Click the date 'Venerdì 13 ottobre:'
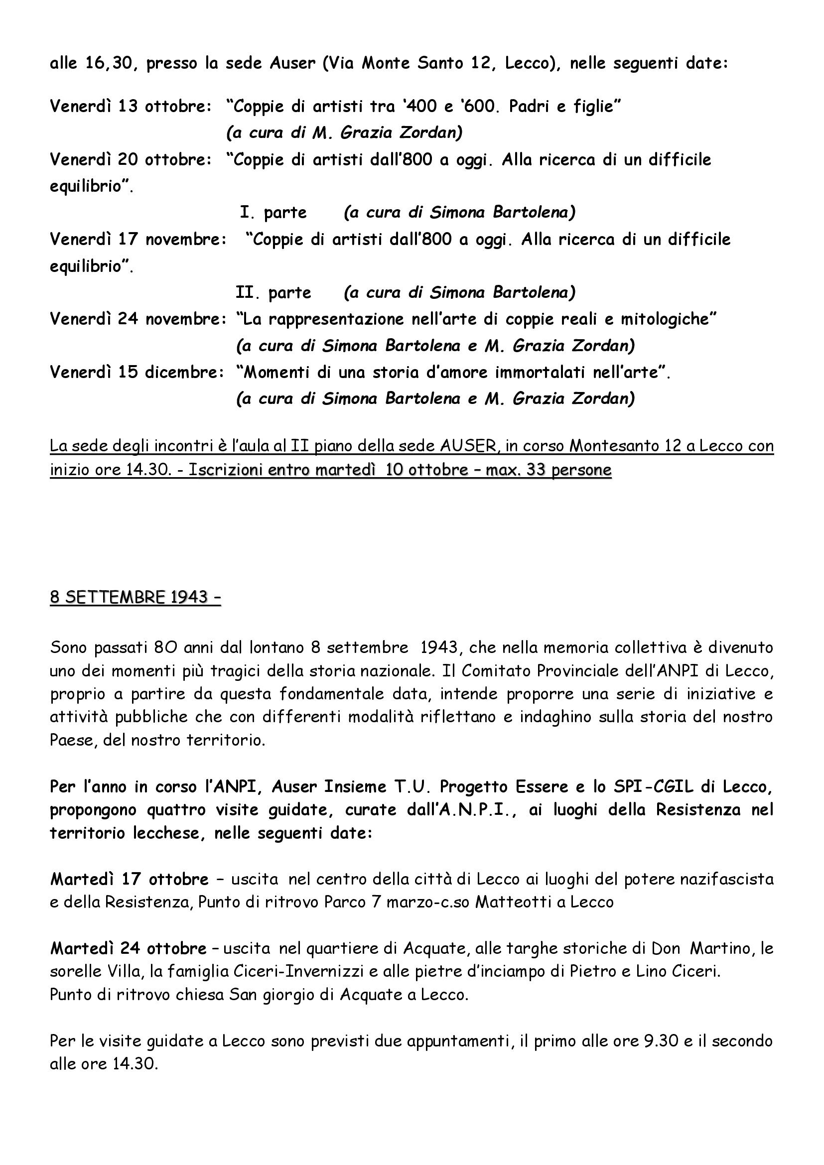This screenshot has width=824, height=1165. point(131,107)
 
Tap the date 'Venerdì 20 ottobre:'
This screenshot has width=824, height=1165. point(131,159)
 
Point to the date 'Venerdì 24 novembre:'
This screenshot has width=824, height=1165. point(138,319)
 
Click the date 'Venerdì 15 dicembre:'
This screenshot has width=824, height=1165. point(137,373)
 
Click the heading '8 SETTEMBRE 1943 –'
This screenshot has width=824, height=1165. point(136,597)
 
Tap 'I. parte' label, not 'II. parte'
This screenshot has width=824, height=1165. point(273,213)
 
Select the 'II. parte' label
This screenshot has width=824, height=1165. point(273,293)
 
